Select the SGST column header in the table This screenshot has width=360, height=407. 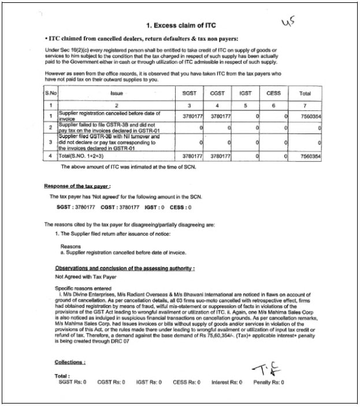[189, 92]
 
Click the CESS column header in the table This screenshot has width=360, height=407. [274, 92]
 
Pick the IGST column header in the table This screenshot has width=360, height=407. [246, 92]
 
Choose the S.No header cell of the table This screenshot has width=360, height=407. [51, 92]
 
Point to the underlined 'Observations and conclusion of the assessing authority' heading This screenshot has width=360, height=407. [125, 269]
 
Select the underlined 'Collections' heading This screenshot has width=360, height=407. [70, 362]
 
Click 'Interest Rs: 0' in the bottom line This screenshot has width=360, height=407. [227, 382]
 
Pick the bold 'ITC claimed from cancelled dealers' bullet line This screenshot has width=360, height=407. [142, 38]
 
